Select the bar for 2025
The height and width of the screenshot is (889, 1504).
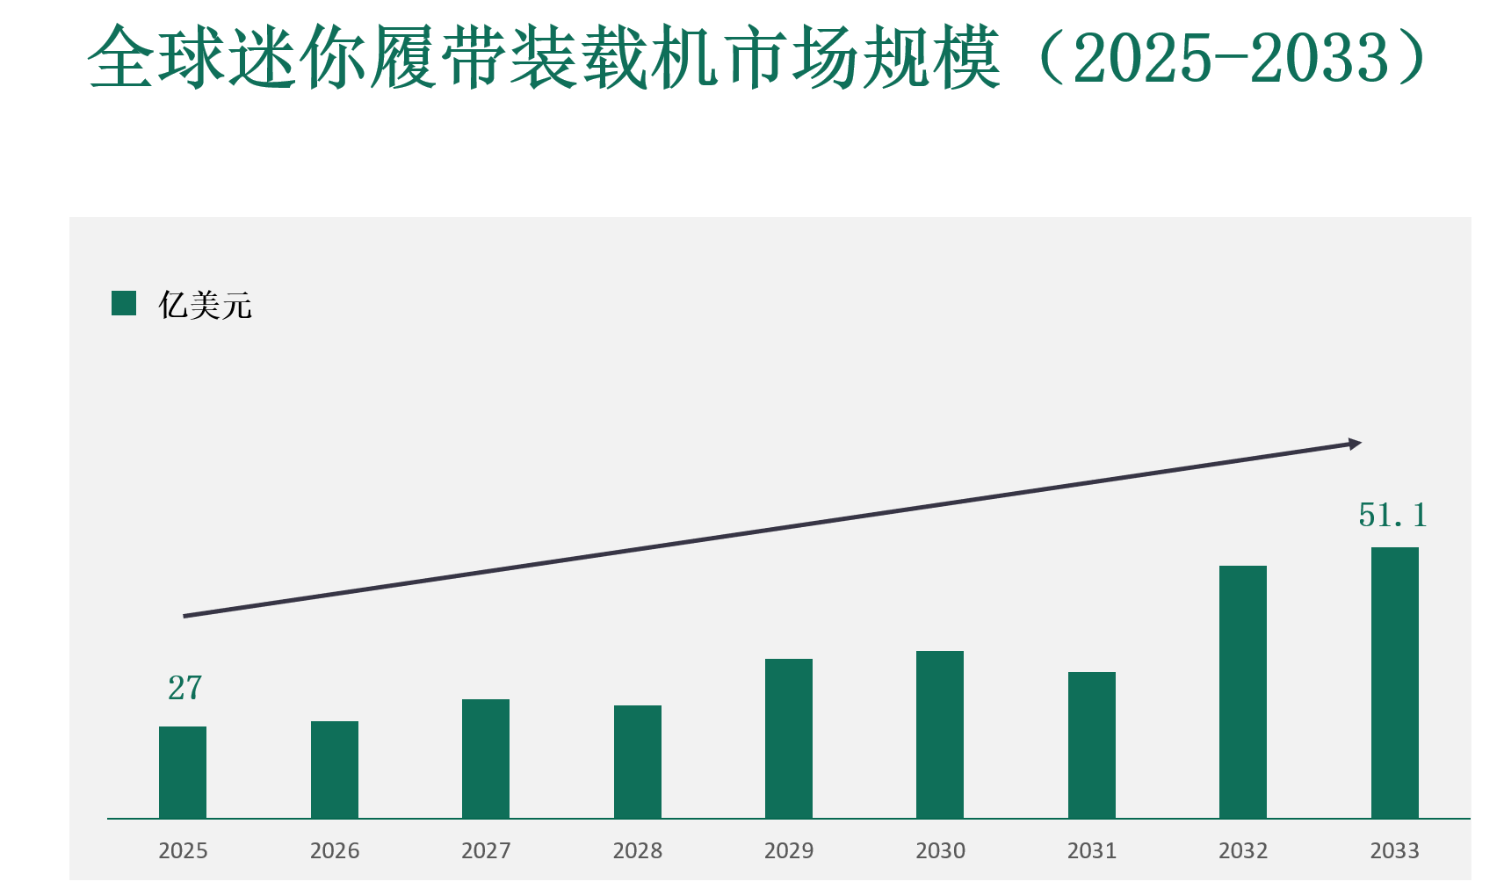click(183, 772)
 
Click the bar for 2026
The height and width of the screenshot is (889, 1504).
click(335, 770)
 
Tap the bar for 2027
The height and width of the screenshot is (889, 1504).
click(486, 758)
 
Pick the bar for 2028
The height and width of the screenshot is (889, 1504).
click(638, 762)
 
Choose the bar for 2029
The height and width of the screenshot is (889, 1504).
click(789, 738)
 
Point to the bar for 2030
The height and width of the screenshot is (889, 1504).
click(940, 734)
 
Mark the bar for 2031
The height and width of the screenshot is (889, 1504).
click(1092, 745)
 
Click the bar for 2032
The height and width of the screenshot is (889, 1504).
click(1243, 691)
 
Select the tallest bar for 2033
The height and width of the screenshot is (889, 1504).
click(1395, 683)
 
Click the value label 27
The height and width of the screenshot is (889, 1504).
click(184, 688)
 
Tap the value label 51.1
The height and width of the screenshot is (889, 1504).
click(1392, 516)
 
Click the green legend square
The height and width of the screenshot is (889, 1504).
click(124, 304)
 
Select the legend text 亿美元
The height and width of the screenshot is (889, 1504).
click(205, 306)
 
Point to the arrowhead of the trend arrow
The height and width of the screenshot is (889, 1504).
click(1356, 444)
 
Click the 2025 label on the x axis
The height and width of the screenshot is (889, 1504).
click(183, 850)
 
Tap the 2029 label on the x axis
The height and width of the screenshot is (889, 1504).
click(789, 850)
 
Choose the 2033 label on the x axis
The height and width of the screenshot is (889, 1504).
click(1395, 850)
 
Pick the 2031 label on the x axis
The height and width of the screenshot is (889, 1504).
click(1092, 850)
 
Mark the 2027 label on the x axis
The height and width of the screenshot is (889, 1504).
click(486, 850)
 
